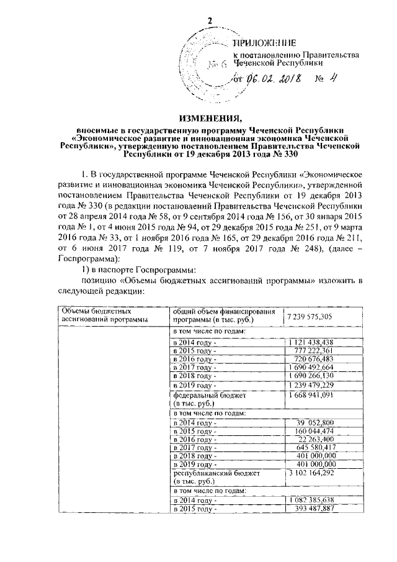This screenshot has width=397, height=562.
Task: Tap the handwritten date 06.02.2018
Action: pos(274,79)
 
